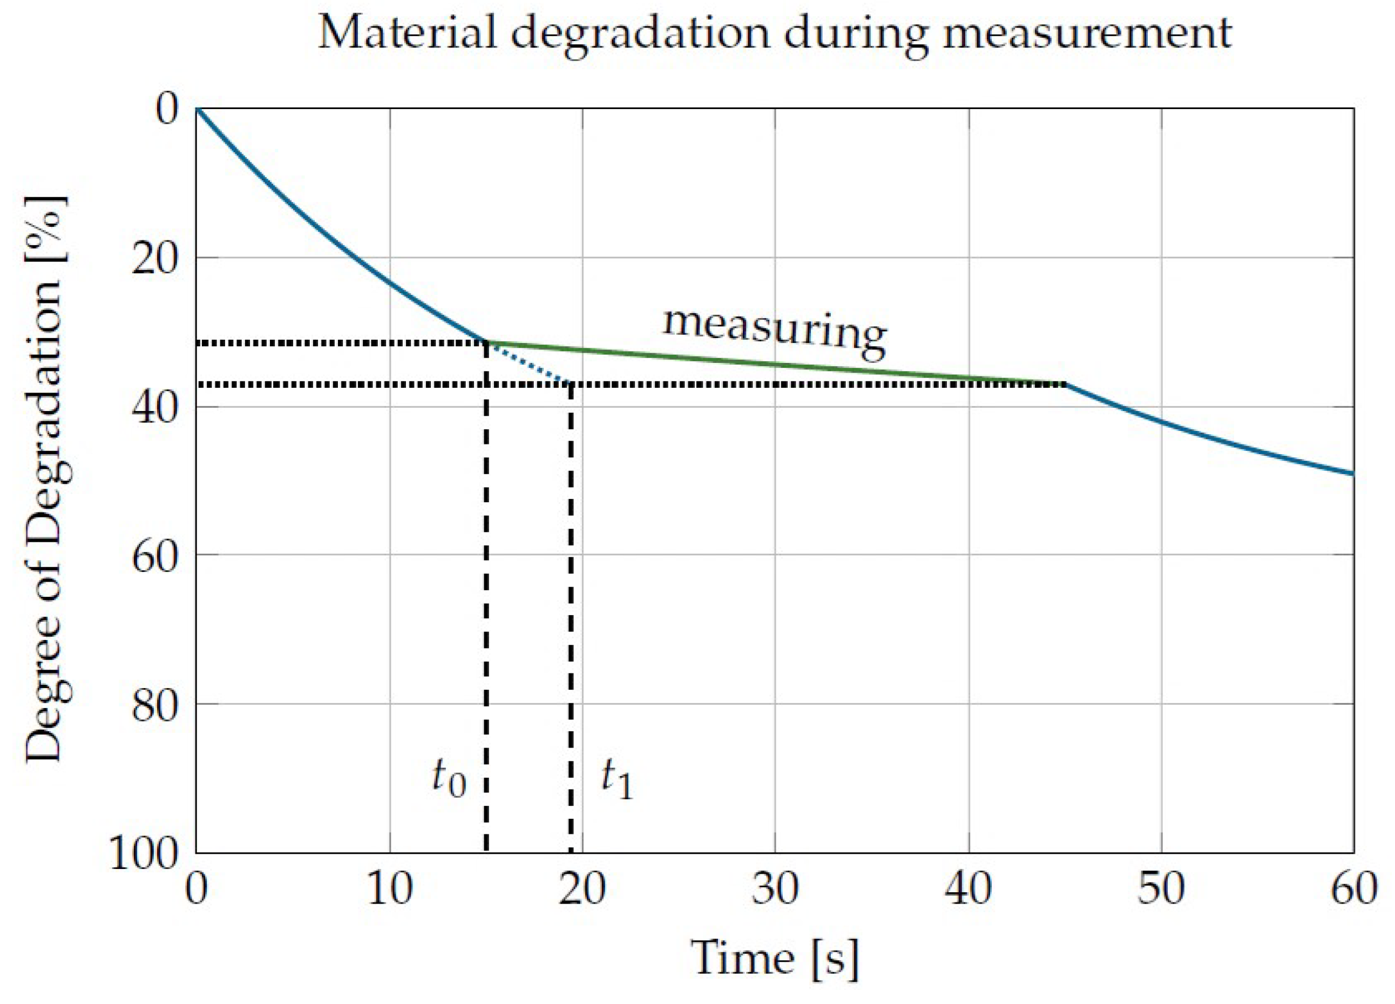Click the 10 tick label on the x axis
pos(389,890)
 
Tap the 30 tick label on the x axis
pos(775,890)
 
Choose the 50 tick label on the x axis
pos(1161,890)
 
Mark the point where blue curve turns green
pos(486,342)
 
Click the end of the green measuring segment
pos(1065,385)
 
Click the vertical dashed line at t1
pos(571,615)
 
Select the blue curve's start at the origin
pos(197,109)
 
